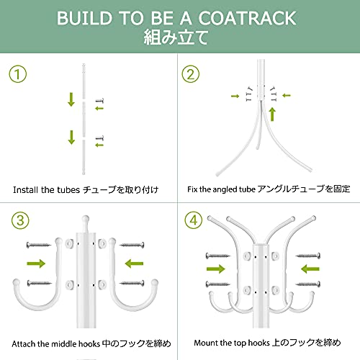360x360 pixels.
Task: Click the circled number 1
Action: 18,74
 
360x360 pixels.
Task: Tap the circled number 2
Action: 191,74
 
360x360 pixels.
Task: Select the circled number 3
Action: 20,220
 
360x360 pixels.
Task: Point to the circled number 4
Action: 194,220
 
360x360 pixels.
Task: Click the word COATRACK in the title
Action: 248,18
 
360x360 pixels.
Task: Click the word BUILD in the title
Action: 84,18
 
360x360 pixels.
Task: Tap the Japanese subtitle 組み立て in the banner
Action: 176,37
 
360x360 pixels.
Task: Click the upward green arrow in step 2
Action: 272,114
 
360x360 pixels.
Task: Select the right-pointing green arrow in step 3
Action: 36,264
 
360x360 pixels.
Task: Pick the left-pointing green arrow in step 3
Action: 134,264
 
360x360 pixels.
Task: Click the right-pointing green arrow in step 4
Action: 216,269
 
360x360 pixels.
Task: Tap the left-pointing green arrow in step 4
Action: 310,269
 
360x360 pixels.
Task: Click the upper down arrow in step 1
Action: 71,99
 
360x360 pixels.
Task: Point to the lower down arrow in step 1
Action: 71,138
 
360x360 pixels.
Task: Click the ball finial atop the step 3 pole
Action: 86,219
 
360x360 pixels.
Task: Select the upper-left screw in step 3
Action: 39,245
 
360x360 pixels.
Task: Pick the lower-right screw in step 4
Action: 308,284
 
